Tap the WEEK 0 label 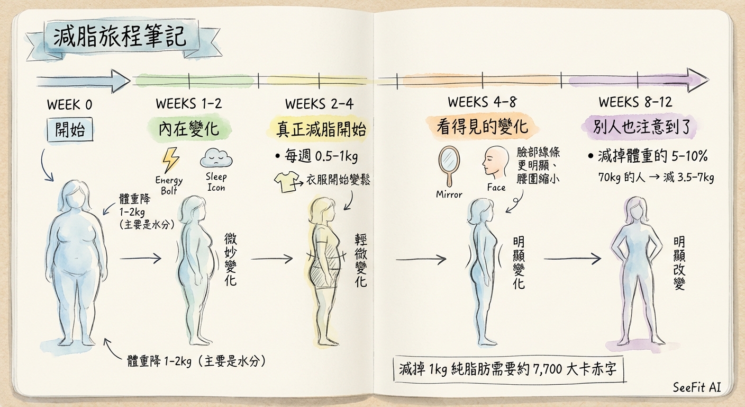[x=69, y=104]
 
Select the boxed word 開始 [x=74, y=129]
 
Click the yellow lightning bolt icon [x=170, y=160]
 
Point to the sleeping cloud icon [x=216, y=158]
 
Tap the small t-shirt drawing [x=285, y=182]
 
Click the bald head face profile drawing [x=495, y=163]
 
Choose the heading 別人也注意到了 [x=639, y=127]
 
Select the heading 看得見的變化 [x=482, y=127]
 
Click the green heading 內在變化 [x=188, y=129]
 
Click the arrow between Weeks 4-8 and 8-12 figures [x=572, y=259]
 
